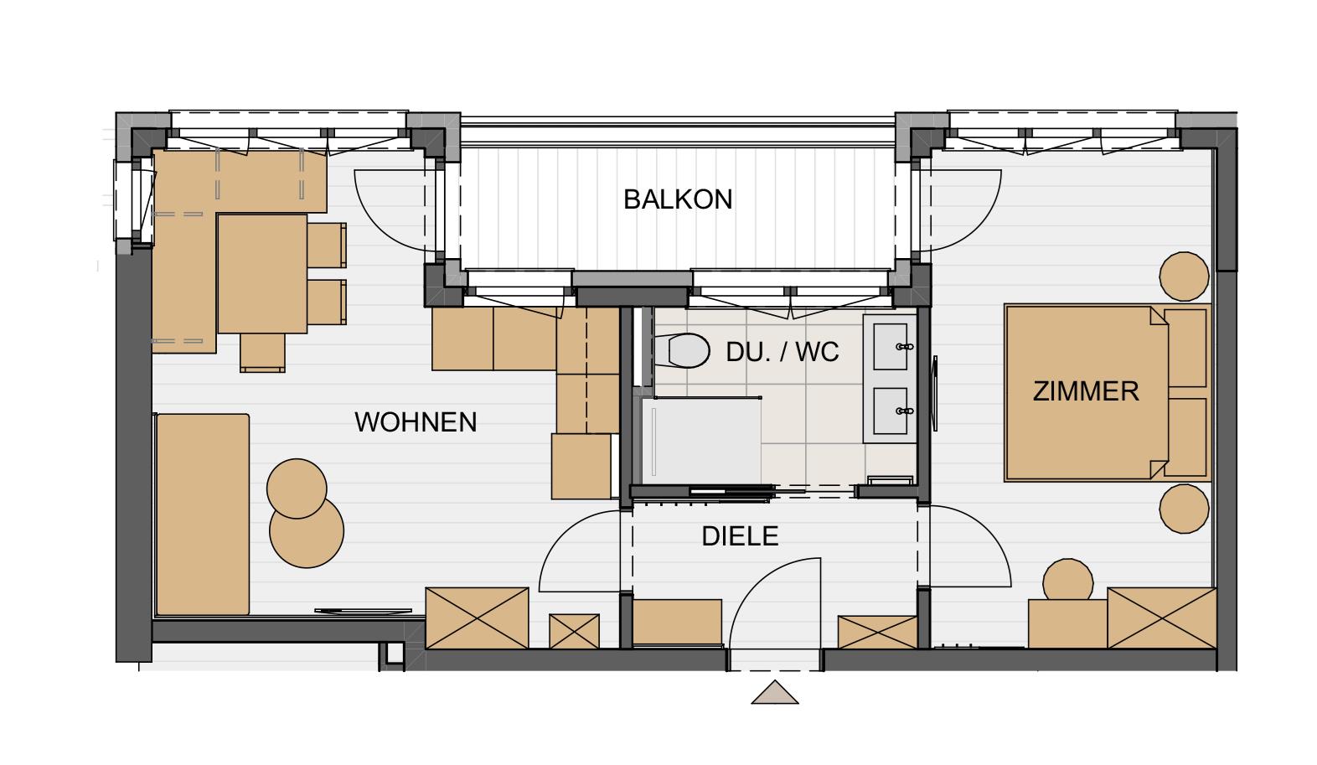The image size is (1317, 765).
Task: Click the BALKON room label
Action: click(x=677, y=200)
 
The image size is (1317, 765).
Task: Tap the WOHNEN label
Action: click(x=416, y=422)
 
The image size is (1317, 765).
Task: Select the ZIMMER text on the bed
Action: click(x=1085, y=391)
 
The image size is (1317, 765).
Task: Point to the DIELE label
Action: click(x=740, y=536)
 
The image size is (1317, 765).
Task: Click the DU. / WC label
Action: click(x=782, y=352)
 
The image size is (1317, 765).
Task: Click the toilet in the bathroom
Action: click(x=682, y=350)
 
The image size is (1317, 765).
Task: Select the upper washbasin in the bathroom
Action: click(x=891, y=347)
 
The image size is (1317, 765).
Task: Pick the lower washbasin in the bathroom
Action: click(x=891, y=411)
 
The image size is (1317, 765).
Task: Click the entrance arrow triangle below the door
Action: click(x=775, y=692)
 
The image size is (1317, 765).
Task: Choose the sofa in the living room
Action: click(x=202, y=514)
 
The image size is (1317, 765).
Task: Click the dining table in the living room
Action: click(x=262, y=273)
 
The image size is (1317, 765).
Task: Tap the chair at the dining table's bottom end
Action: click(x=262, y=353)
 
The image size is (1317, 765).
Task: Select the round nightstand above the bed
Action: click(x=1184, y=277)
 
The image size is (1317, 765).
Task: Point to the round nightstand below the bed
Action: click(x=1184, y=509)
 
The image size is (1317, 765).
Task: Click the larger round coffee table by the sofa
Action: click(x=307, y=531)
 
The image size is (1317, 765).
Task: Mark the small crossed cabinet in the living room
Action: click(x=575, y=631)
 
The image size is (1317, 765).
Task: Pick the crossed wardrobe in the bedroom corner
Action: click(x=1162, y=618)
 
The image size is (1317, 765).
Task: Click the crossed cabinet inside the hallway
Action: click(x=877, y=632)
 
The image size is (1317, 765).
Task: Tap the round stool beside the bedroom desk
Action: click(x=1068, y=580)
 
